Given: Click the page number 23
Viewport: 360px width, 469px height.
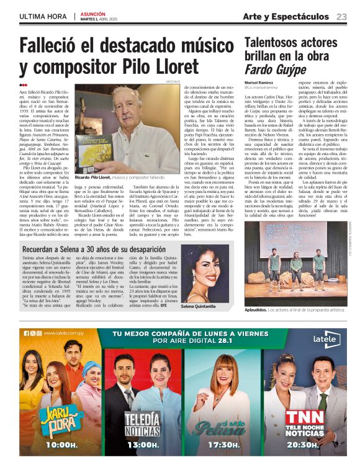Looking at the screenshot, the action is point(342,17).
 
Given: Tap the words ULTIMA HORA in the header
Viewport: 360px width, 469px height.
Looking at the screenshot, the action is point(42,17).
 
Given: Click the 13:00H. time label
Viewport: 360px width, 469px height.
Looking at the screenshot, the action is point(143,445).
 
